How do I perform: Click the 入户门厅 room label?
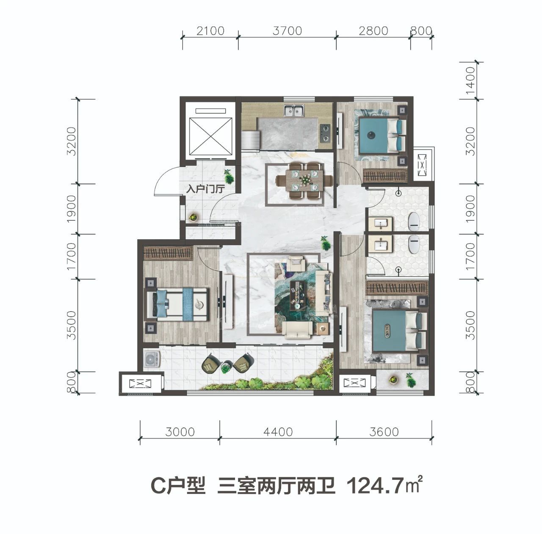[205, 189]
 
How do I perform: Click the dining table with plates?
[304, 181]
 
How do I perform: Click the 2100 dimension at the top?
[210, 31]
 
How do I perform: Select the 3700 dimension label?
[287, 31]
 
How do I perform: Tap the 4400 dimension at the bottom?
[278, 432]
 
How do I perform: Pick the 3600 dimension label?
[384, 432]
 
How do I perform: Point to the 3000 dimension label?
[180, 432]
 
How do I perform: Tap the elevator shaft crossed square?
[211, 136]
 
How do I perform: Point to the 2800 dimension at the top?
[373, 31]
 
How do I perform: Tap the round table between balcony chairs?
[225, 367]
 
